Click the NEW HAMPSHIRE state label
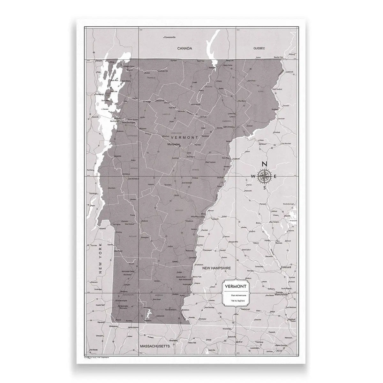coord(216,269)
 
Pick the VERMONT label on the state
coord(185,137)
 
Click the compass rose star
coord(264,176)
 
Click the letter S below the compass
coord(264,188)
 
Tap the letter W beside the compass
coord(253,176)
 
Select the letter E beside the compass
coord(275,176)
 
